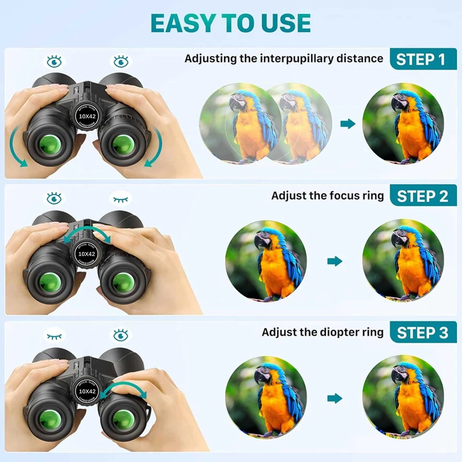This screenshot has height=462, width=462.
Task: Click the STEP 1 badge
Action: pyautogui.click(x=423, y=59)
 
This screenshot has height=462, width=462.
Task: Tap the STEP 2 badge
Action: pyautogui.click(x=423, y=196)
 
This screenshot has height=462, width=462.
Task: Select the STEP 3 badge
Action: pyautogui.click(x=423, y=333)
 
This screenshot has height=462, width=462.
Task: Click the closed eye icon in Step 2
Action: pyautogui.click(x=120, y=198)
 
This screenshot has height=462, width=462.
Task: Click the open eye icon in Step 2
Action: pyautogui.click(x=54, y=198)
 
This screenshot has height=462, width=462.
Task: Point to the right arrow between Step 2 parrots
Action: pyautogui.click(x=334, y=261)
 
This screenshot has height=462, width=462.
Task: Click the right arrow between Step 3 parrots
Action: pyautogui.click(x=334, y=398)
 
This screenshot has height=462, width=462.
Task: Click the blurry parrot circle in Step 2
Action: pyautogui.click(x=266, y=261)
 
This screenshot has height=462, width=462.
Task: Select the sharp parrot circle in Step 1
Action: pyautogui.click(x=402, y=124)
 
